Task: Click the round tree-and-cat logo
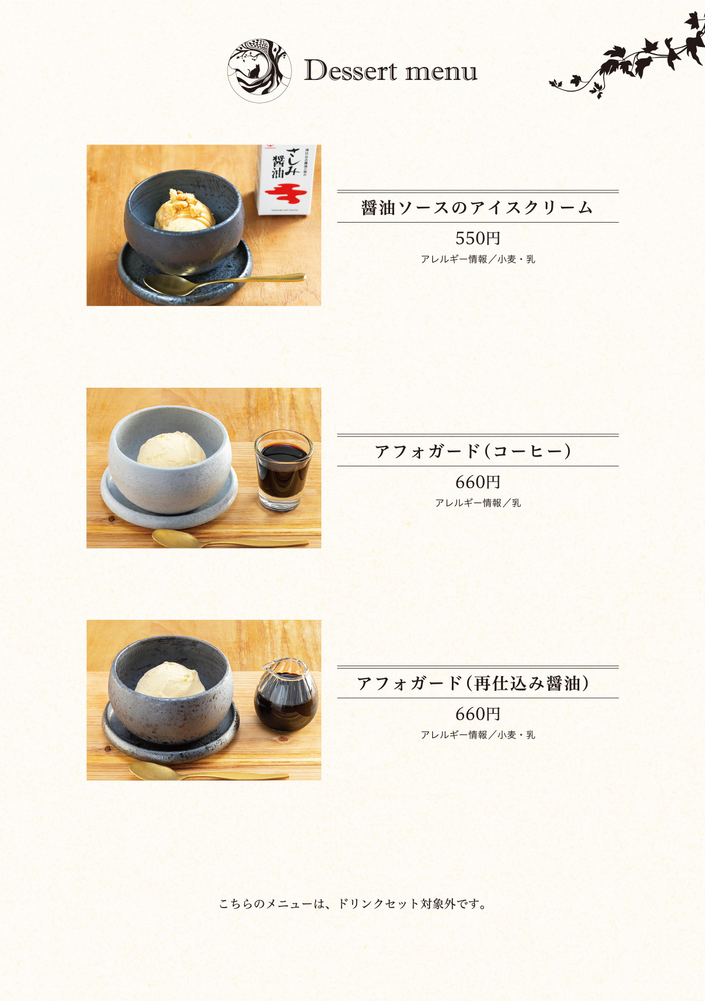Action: click(259, 70)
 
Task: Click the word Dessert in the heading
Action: click(351, 70)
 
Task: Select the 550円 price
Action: click(478, 239)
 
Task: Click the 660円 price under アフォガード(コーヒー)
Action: click(478, 482)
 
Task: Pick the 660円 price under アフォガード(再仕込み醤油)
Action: click(478, 714)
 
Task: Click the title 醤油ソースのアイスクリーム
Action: click(477, 208)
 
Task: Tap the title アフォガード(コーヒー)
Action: click(473, 451)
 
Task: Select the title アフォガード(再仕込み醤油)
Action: click(473, 683)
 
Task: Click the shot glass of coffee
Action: click(283, 471)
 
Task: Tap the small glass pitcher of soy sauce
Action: click(286, 695)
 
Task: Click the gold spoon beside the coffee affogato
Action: click(230, 539)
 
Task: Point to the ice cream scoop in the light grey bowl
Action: click(171, 449)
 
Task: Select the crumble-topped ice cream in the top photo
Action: click(184, 210)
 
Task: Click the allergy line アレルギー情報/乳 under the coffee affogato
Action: click(478, 503)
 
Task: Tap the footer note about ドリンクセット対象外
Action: click(352, 904)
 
